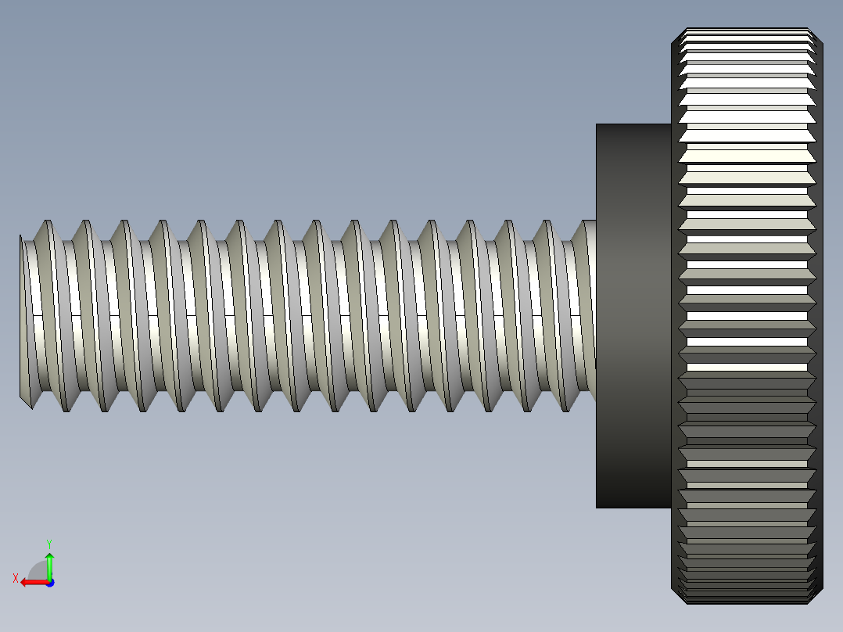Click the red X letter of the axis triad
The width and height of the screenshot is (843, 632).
tap(15, 578)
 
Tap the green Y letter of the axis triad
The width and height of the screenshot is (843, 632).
tap(49, 543)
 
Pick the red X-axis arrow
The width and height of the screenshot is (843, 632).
tap(31, 582)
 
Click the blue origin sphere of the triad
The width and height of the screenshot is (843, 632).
tap(49, 583)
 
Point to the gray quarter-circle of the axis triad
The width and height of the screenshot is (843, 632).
tap(38, 571)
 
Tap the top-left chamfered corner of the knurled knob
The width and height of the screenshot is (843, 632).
tap(677, 35)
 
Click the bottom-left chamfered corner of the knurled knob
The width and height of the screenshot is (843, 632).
tap(677, 596)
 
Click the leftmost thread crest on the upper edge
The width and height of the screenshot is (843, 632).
tap(47, 222)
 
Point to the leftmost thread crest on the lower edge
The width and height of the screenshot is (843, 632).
tap(66, 410)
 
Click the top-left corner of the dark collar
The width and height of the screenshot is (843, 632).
tap(597, 125)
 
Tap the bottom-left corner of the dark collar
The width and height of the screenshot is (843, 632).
tap(597, 507)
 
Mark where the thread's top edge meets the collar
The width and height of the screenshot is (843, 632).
tap(595, 221)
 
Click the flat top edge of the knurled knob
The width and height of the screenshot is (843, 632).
tap(747, 30)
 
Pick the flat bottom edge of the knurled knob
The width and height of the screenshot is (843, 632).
tap(747, 602)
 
